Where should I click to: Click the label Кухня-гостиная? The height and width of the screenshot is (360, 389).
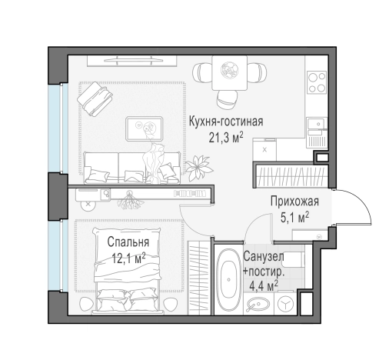tap(226, 122)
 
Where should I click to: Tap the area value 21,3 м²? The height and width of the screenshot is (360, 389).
tap(226, 138)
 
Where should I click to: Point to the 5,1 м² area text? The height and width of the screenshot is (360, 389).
tap(295, 218)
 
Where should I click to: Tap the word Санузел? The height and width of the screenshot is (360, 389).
tap(264, 257)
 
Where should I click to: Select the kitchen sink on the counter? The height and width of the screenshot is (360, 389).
tap(315, 125)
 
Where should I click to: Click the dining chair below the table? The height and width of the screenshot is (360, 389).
tap(227, 98)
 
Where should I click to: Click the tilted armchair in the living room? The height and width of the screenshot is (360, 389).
tap(96, 97)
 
